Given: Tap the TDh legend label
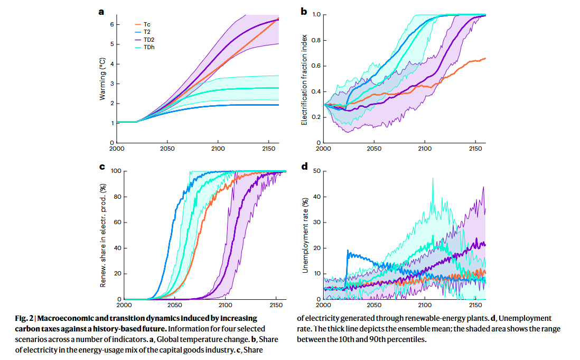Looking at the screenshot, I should click(x=148, y=47).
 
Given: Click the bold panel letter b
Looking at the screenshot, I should click(x=304, y=11).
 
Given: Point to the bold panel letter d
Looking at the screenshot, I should click(x=304, y=167).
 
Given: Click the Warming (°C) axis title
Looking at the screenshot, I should click(x=103, y=80).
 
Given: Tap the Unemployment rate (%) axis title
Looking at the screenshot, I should click(x=305, y=235).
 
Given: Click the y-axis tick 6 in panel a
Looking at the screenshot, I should click(x=111, y=24).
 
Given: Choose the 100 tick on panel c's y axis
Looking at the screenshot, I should click(x=115, y=171).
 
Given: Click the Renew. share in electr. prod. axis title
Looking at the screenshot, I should click(x=104, y=235).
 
